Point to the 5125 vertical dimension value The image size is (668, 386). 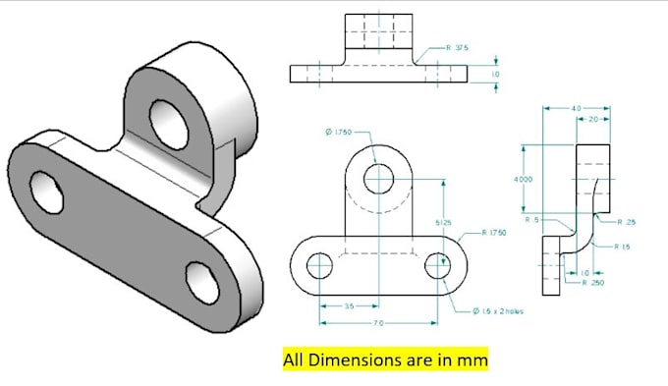click(x=443, y=224)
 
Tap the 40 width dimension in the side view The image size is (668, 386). click(x=575, y=109)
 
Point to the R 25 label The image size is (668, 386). click(x=630, y=222)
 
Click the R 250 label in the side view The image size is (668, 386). click(x=592, y=282)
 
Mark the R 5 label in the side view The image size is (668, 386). click(x=530, y=221)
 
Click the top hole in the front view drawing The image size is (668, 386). click(x=378, y=178)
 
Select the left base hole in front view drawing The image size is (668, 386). click(x=319, y=265)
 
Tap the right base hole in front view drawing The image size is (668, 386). click(x=436, y=265)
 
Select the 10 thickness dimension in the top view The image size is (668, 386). click(x=494, y=74)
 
